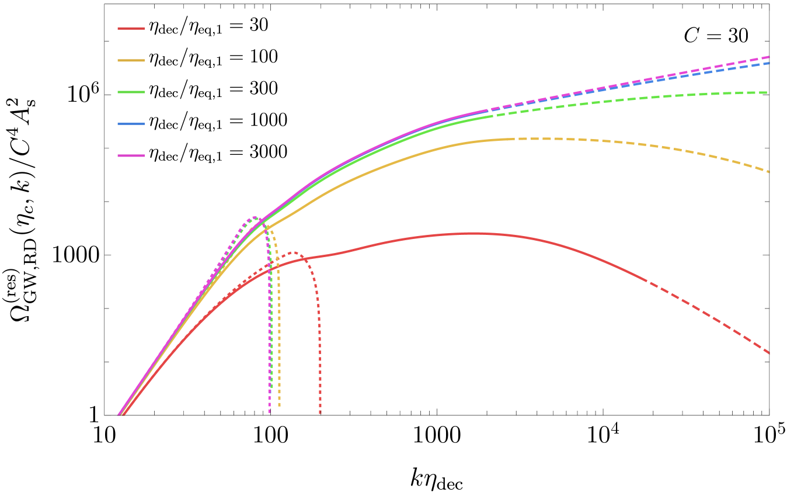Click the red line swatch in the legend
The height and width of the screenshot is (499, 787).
(x=131, y=29)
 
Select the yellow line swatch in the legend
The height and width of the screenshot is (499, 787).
(x=131, y=60)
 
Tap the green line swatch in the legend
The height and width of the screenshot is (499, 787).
(x=131, y=92)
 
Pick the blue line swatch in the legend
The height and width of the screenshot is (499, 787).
(x=131, y=124)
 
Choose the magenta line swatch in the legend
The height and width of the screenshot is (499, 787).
(x=131, y=155)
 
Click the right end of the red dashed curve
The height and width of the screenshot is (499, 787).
(x=769, y=353)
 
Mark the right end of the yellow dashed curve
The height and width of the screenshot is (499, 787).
(x=769, y=172)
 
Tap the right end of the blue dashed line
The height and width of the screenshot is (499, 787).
(x=769, y=63)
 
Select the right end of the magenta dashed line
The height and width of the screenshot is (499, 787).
(x=769, y=57)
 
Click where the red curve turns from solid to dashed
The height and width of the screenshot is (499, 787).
(x=646, y=280)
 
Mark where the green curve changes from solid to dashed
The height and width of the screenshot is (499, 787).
(x=493, y=116)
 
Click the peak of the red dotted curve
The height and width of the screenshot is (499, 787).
(x=293, y=252)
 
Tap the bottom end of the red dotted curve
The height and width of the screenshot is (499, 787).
(x=320, y=414)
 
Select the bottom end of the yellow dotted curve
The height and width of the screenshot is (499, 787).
(x=279, y=406)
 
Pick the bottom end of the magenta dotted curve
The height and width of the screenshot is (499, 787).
(x=269, y=414)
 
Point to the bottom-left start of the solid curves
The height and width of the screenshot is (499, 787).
(x=120, y=415)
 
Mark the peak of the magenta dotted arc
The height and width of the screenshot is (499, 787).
(x=253, y=217)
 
